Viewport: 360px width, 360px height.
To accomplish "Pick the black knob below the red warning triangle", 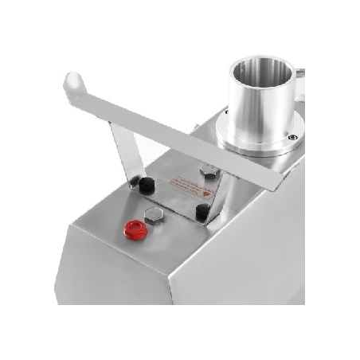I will [203, 212].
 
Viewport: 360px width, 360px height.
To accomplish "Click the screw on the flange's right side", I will [293, 137].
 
